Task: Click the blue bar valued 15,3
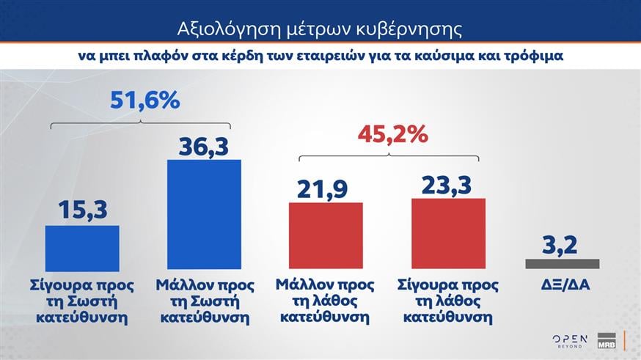[82, 249]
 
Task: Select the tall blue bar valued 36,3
[204, 216]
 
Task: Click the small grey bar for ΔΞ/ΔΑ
[563, 264]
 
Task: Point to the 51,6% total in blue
[145, 100]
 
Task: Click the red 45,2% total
[392, 134]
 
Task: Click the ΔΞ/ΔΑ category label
[563, 284]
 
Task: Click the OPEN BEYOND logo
[570, 339]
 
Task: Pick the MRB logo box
[606, 341]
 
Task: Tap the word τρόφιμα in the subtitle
[537, 56]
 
